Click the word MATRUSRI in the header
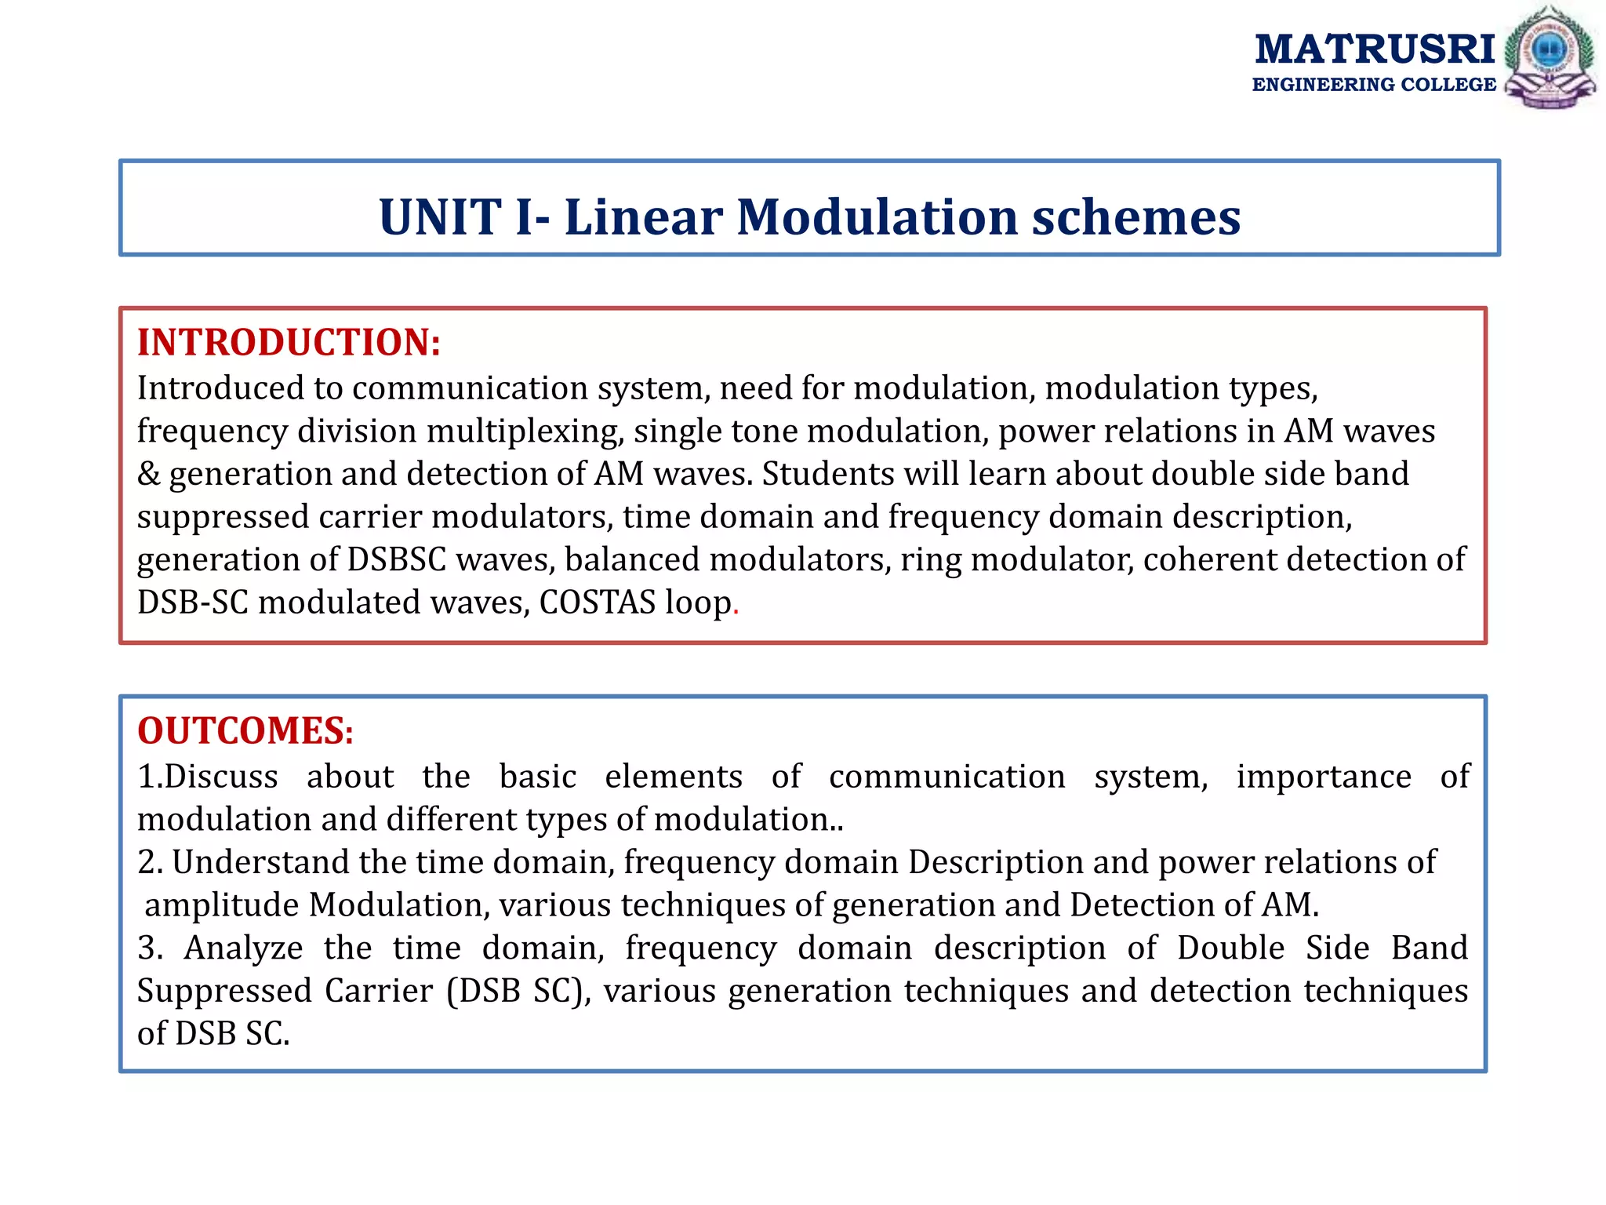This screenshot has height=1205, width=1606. (x=1375, y=49)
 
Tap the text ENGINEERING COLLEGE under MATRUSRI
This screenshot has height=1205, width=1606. (x=1374, y=85)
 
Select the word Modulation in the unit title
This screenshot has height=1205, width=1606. (x=877, y=217)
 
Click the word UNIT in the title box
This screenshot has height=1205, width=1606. (x=440, y=217)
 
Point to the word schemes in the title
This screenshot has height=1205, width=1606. (x=1135, y=217)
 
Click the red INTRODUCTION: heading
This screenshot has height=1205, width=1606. (x=289, y=342)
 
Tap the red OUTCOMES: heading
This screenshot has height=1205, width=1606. (x=245, y=730)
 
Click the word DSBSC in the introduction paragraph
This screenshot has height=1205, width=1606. (x=396, y=559)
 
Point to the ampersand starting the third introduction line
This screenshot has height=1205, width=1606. (x=148, y=474)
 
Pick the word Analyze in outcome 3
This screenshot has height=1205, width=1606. (x=244, y=948)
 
